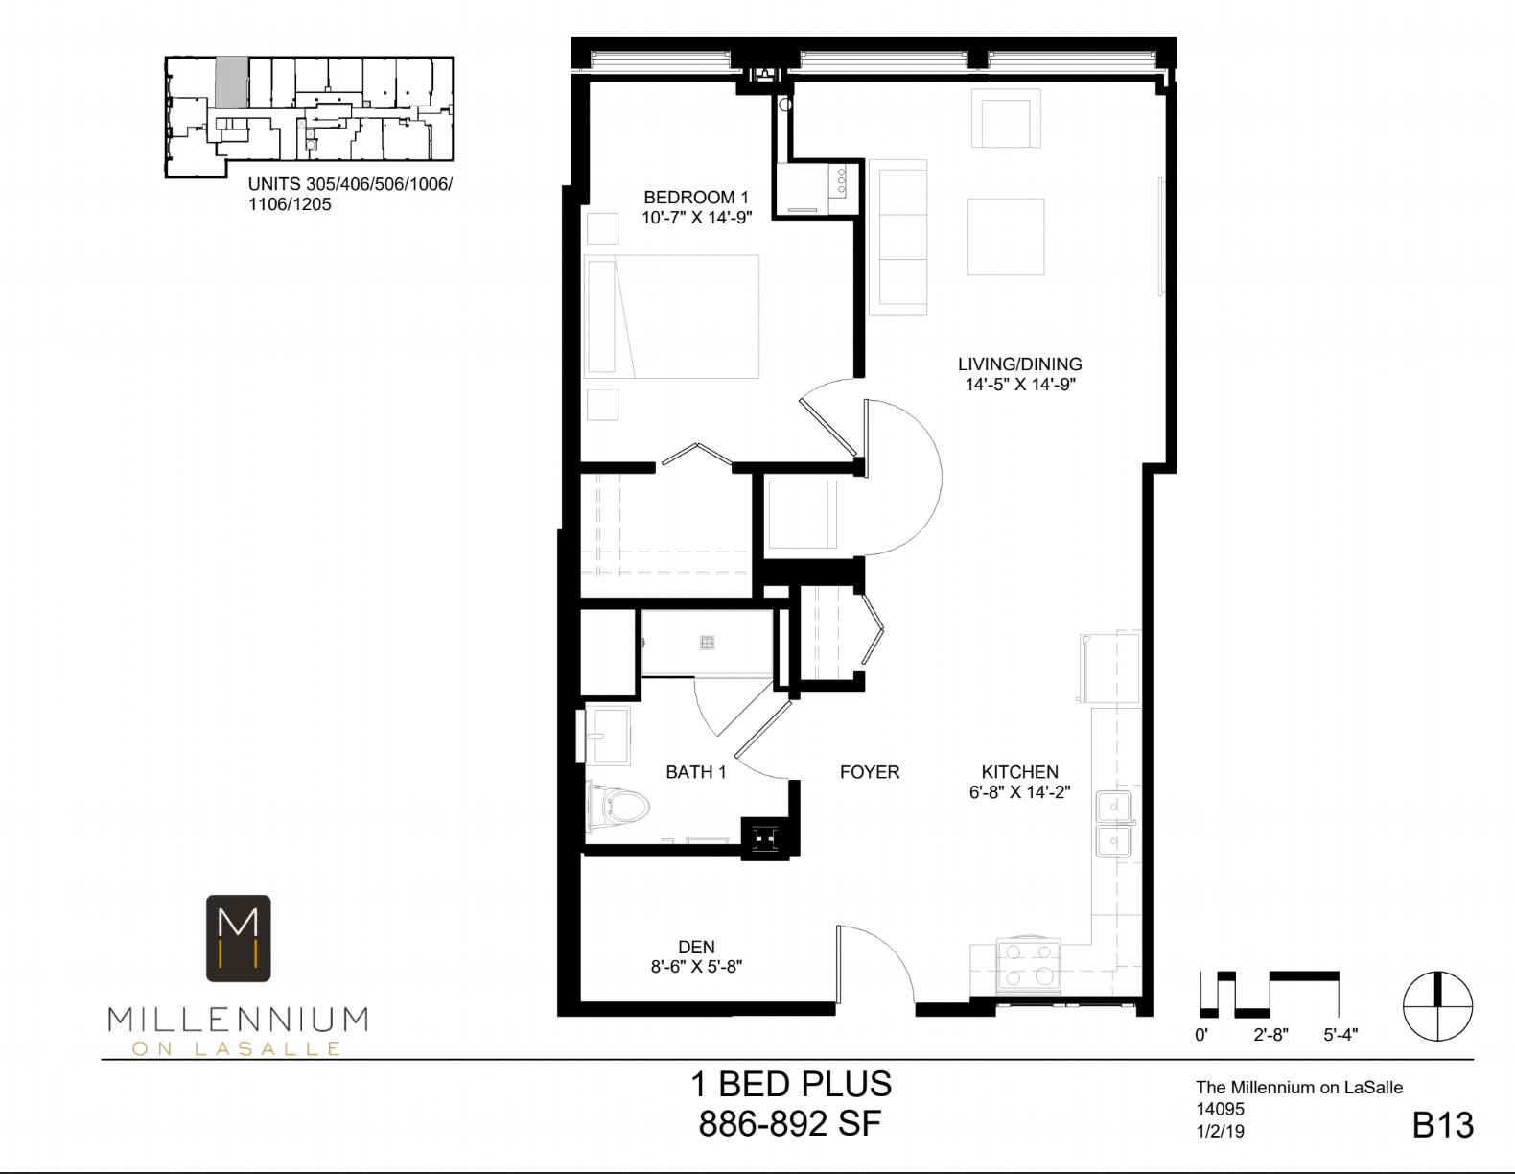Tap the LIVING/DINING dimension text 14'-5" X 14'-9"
(x=1020, y=384)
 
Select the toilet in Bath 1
(x=618, y=808)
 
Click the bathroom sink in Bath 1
(x=607, y=735)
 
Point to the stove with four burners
(x=1029, y=966)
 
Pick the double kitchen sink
(x=1113, y=824)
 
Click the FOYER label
(x=870, y=772)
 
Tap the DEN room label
(x=696, y=947)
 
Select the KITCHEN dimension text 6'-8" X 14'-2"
(x=1019, y=792)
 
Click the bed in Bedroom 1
(x=671, y=317)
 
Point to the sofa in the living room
(x=898, y=237)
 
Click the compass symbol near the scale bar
(x=1437, y=1006)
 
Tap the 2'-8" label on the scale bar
(x=1270, y=1035)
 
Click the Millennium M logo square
(x=239, y=938)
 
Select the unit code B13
(x=1442, y=1125)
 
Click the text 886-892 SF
(x=790, y=1123)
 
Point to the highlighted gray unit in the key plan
(x=231, y=82)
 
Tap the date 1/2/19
(x=1220, y=1131)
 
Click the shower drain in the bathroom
(x=707, y=642)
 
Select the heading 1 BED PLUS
(x=791, y=1084)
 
